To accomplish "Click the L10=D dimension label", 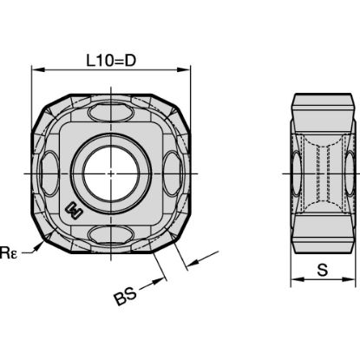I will click(112, 60).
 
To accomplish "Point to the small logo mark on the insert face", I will click(76, 210).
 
